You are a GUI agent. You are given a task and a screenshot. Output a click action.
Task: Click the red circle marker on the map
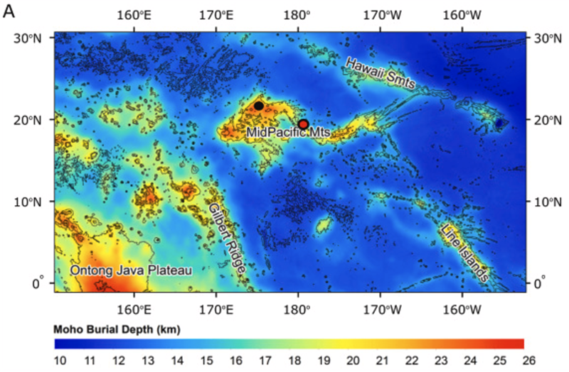click(303, 124)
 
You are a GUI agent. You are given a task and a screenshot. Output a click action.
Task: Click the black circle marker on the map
click(259, 105)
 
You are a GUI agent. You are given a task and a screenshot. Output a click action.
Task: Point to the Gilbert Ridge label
click(228, 239)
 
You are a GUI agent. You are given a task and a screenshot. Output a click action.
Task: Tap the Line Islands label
click(464, 253)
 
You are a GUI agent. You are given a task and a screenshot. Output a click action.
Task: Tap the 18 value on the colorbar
click(293, 361)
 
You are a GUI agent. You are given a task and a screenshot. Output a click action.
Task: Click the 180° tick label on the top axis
click(298, 14)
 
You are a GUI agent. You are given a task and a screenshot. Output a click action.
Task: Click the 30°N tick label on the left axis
click(26, 38)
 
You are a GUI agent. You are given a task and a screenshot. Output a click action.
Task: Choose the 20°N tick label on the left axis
click(26, 119)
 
